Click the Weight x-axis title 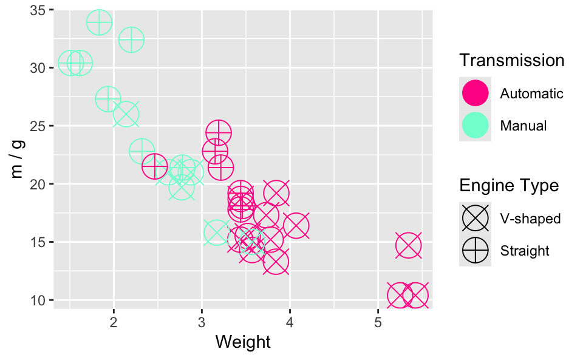pos(243,342)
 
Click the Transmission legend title pos(512,61)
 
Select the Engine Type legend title pos(509,185)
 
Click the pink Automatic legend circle pos(475,93)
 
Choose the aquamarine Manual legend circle pos(475,126)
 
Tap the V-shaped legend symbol pos(475,218)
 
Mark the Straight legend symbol pos(475,251)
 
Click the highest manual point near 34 pos(99,23)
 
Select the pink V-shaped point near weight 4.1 pos(296,226)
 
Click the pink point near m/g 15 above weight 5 pos(408,246)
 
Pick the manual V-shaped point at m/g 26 pos(126,114)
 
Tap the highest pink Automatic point pos(219,133)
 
